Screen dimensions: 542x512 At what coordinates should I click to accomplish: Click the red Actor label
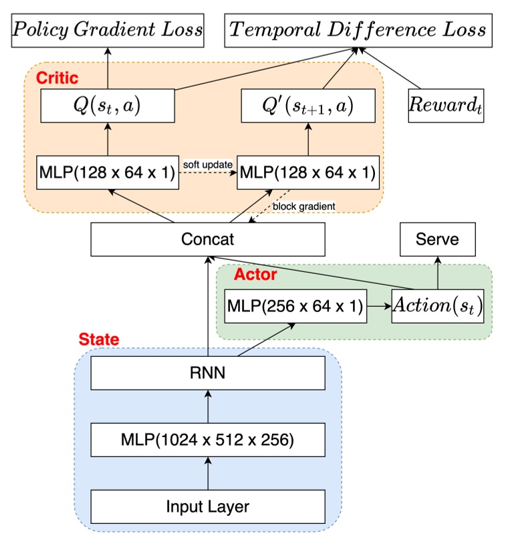coord(255,274)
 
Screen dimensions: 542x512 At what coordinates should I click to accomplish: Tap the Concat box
coord(208,239)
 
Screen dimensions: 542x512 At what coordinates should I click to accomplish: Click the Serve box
coord(438,239)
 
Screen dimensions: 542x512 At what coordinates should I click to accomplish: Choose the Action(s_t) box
coord(438,307)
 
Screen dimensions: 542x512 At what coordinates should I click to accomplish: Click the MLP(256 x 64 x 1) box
coord(295,307)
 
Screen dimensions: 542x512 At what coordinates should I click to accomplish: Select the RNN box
coord(208,374)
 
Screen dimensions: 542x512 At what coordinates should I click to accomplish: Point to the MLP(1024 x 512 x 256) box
coord(208,440)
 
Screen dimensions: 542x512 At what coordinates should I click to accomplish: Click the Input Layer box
coord(208,507)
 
